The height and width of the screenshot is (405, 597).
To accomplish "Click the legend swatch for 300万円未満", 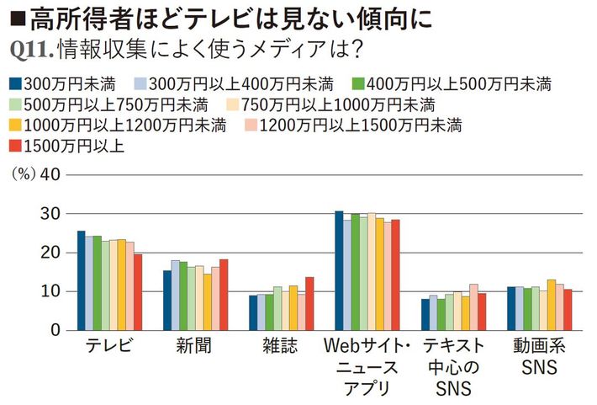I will (14, 83).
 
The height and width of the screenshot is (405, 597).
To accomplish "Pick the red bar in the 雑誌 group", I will (309, 304).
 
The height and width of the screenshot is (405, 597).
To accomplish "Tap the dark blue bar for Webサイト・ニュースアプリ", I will (338, 270).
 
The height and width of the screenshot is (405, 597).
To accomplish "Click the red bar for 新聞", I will (224, 295).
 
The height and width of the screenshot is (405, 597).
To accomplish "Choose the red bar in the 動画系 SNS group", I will (568, 310).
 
